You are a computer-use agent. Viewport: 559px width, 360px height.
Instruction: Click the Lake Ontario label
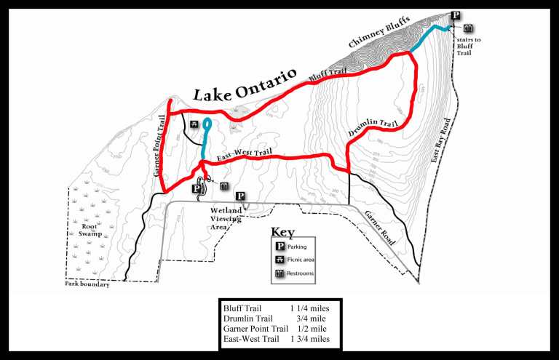[x=245, y=84]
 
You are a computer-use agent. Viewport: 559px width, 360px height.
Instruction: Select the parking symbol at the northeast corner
[x=456, y=15]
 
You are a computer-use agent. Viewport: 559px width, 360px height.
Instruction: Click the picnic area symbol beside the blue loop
[x=194, y=124]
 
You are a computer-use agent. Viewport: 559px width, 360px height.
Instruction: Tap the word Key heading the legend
[x=282, y=232]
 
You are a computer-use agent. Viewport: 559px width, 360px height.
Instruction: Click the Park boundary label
[x=87, y=285]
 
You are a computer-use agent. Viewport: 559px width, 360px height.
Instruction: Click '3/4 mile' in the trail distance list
[x=311, y=319]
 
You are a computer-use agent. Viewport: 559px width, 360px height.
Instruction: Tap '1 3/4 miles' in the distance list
[x=310, y=339]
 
